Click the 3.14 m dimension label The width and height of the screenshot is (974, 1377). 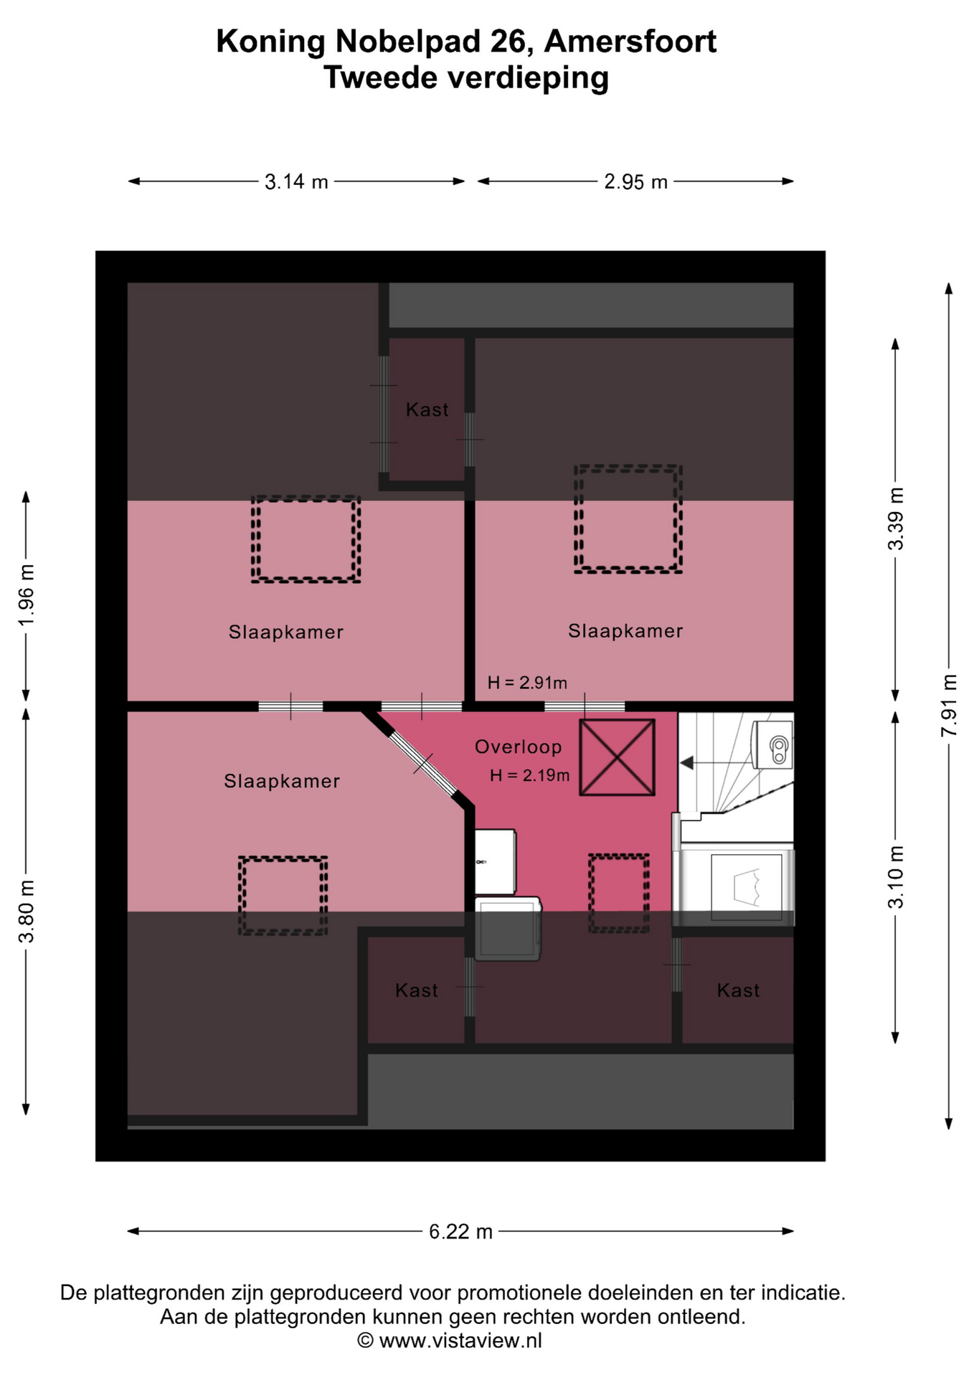point(296,181)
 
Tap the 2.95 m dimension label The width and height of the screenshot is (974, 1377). point(635,181)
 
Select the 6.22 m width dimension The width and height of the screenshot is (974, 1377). point(460,1231)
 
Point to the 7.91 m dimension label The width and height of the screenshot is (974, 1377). point(950,706)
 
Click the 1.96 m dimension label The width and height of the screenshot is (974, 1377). point(26,595)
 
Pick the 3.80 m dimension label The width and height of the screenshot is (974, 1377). point(26,911)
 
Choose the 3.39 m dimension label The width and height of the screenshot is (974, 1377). point(896,519)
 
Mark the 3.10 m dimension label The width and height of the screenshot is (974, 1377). point(896,877)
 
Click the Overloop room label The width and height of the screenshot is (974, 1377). point(518,747)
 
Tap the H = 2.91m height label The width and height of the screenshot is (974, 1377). point(527,683)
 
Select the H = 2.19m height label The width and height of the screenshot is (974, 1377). point(530,775)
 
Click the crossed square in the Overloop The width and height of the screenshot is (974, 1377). point(617,757)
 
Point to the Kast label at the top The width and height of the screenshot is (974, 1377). point(427,410)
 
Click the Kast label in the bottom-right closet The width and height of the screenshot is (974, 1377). point(738,990)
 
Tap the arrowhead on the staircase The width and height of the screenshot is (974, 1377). point(686,763)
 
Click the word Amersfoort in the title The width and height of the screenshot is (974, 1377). point(630,42)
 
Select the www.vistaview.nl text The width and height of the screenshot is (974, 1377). point(460,1340)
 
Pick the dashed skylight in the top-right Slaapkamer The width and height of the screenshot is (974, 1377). point(628,519)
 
